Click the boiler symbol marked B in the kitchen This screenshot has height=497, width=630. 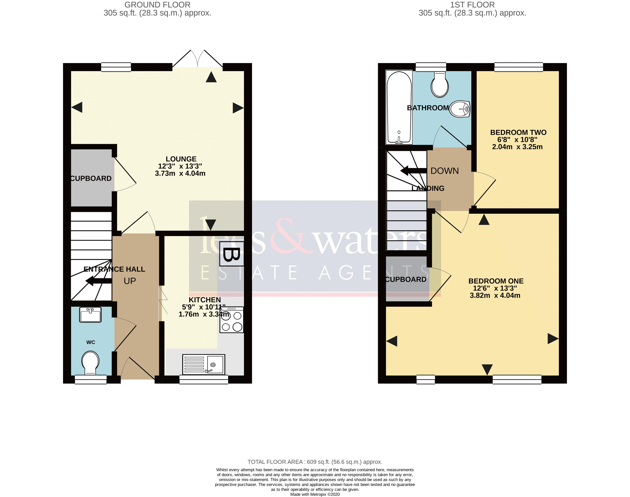pyautogui.click(x=232, y=254)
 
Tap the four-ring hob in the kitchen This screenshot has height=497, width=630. pyautogui.click(x=232, y=320)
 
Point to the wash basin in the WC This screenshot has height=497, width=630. pyautogui.click(x=91, y=315)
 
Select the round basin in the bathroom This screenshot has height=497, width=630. pyautogui.click(x=460, y=109)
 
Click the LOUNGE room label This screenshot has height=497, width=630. pyautogui.click(x=181, y=159)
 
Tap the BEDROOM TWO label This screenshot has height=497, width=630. pyautogui.click(x=518, y=132)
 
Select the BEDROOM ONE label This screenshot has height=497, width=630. pyautogui.click(x=496, y=281)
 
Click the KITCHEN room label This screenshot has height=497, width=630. pyautogui.click(x=205, y=300)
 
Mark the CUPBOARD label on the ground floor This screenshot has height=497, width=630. pyautogui.click(x=91, y=178)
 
